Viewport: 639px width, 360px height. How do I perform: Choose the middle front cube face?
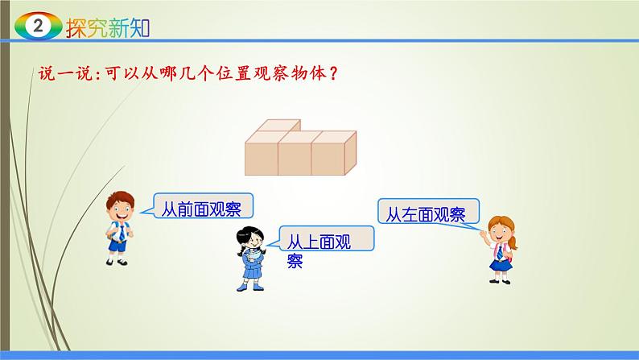pyautogui.click(x=295, y=156)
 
